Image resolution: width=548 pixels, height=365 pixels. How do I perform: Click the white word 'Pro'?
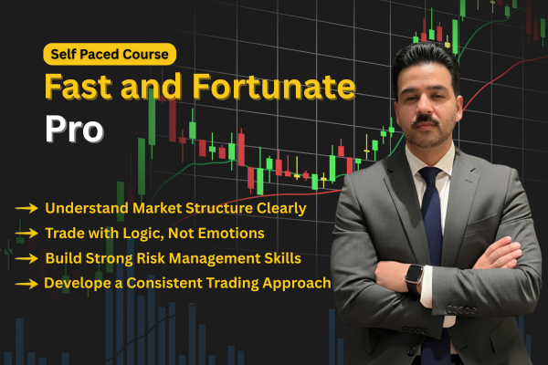point(74,129)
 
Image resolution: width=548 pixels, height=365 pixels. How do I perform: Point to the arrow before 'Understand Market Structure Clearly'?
point(26,209)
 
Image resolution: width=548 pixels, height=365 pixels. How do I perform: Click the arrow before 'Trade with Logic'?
point(26,234)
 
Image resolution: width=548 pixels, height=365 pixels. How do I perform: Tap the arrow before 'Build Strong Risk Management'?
point(26,258)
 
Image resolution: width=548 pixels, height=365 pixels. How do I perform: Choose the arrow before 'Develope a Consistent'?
point(26,283)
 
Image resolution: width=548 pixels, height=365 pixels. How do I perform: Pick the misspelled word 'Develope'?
point(77,283)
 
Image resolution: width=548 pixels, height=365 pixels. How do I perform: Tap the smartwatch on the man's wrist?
point(414,274)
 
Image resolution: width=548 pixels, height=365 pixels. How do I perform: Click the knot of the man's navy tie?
point(430,178)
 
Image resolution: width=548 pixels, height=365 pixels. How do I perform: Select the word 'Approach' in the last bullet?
point(297,283)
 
